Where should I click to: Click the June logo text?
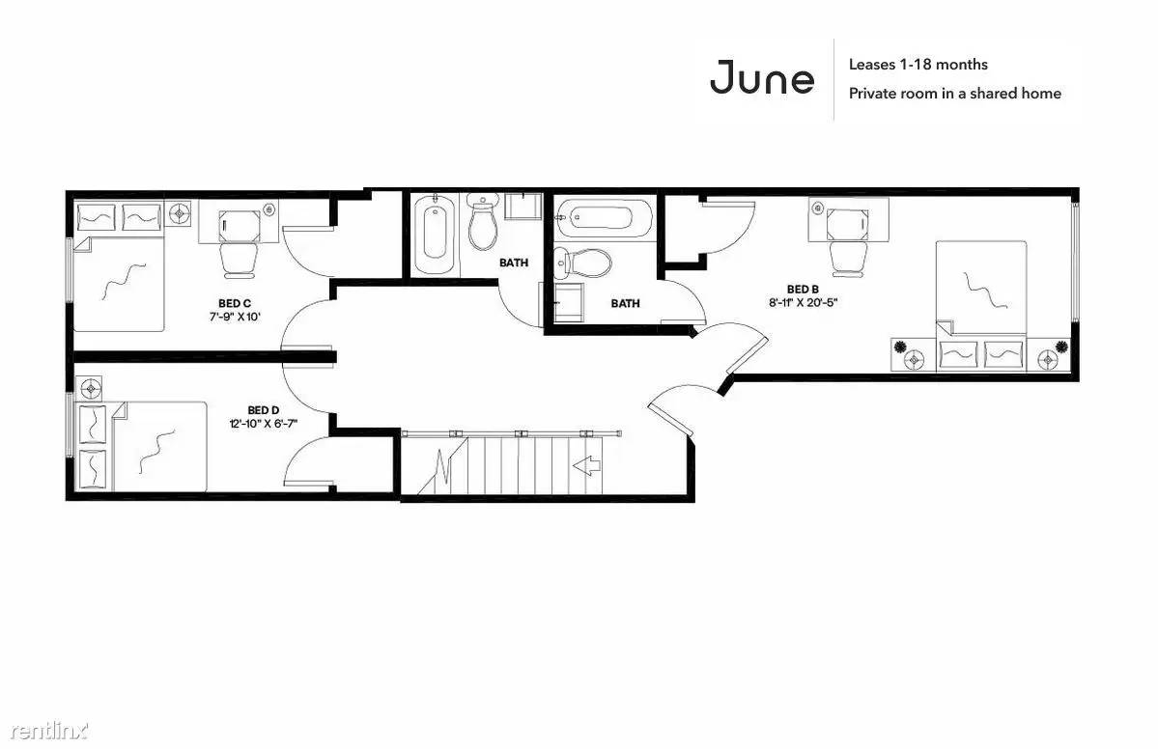coord(762,77)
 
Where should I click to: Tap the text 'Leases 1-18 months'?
coord(918,65)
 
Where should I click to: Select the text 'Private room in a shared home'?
coord(955,94)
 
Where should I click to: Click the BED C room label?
coord(235,303)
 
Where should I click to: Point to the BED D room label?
coord(263,410)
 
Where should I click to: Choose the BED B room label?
coord(803,290)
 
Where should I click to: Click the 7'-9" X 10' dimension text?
coord(235,317)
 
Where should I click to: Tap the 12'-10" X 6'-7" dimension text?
coord(264,424)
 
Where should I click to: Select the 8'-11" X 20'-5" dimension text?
coord(803,302)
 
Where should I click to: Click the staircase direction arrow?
coord(587,465)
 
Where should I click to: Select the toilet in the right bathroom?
coord(583,262)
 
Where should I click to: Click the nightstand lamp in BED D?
coord(90,387)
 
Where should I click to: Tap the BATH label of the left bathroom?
coord(514,262)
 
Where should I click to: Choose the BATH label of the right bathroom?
coord(626,302)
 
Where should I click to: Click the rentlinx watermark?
coord(49,731)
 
